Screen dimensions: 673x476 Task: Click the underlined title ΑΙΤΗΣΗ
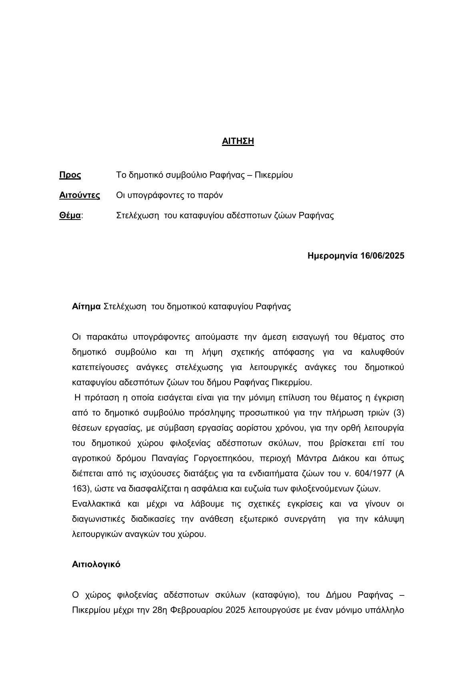pos(238,141)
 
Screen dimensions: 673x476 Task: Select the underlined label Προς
pos(70,175)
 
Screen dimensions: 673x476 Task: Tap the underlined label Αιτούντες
pos(80,196)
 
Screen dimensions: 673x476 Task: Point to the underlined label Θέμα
pos(70,216)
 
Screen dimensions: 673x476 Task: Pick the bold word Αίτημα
pos(86,307)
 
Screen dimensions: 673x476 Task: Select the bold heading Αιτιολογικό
pos(96,564)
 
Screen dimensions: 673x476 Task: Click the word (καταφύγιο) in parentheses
pos(276,595)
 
